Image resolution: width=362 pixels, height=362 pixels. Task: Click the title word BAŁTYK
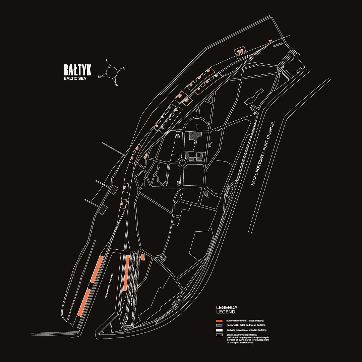[x=77, y=70]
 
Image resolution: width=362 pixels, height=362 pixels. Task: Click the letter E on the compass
[x=107, y=60]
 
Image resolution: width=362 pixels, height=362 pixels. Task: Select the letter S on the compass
[x=124, y=68]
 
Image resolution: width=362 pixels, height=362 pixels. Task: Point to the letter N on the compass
[x=99, y=77]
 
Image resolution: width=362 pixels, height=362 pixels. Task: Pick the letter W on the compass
[x=117, y=85]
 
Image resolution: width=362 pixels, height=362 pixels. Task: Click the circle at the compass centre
[x=112, y=72]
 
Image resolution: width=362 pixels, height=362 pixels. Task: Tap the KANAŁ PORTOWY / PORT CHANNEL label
[x=264, y=154]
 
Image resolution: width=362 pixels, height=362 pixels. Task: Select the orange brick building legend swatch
[x=220, y=321]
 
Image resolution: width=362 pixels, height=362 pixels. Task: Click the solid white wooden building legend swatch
[x=220, y=330]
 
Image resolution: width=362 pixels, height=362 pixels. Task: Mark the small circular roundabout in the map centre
[x=182, y=163]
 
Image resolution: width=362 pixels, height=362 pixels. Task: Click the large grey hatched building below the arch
[x=195, y=136]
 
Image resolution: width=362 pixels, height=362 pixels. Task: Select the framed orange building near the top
[x=240, y=51]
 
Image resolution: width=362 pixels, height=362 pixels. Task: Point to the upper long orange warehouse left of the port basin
[x=96, y=269]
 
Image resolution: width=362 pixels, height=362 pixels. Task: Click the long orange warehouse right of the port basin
[x=126, y=273]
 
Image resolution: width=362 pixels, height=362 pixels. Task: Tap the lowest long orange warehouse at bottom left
[x=84, y=302]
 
